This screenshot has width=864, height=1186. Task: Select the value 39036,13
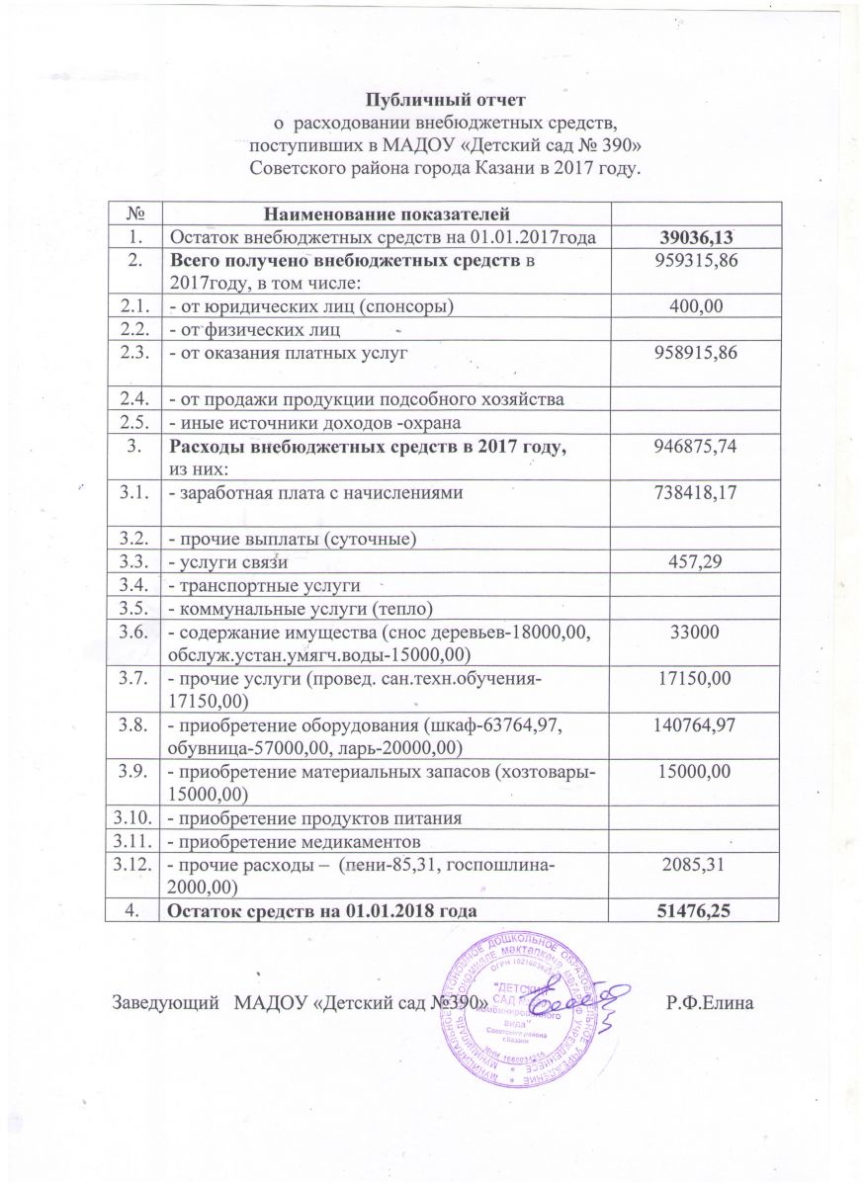pyautogui.click(x=698, y=235)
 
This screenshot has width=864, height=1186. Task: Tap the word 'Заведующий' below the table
pyautogui.click(x=163, y=1003)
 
